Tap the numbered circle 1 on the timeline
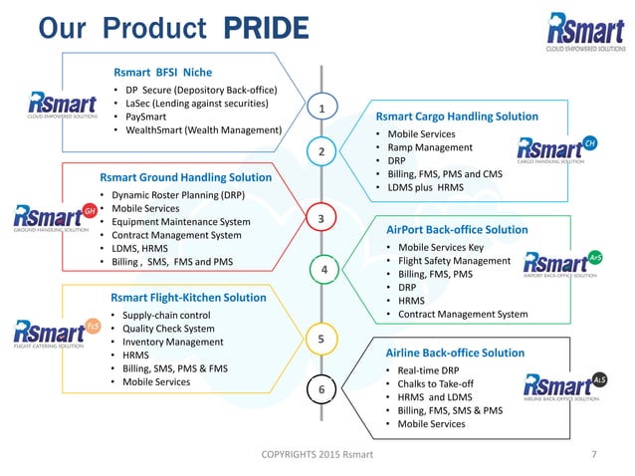321,107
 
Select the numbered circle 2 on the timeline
321,151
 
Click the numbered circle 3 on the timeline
321,217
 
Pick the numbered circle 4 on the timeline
321,270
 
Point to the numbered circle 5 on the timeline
321,339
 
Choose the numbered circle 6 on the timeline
321,389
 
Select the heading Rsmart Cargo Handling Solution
456,117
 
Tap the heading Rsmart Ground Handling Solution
183,178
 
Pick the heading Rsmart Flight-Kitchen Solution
188,297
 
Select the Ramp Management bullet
430,147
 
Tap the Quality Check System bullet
167,329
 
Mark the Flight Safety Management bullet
454,261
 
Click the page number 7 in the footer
593,457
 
